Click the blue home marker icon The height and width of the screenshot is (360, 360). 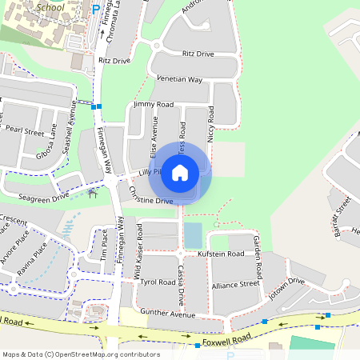point(180,172)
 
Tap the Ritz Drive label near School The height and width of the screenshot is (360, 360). point(114,60)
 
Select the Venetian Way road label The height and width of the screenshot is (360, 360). point(179,80)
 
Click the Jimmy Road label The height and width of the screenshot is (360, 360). point(154,105)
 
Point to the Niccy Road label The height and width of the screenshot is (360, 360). point(211,124)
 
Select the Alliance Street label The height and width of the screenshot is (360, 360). point(235,284)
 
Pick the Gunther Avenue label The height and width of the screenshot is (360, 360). point(167,314)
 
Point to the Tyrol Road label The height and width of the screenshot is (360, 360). point(157,282)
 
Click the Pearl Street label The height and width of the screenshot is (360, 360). point(24,130)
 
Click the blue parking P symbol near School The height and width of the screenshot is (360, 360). point(96,10)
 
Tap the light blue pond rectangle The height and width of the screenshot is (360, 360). point(193,235)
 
